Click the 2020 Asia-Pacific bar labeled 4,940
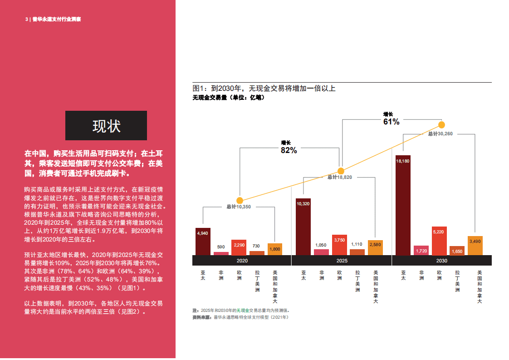click(203, 242)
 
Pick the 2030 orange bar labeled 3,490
click(475, 246)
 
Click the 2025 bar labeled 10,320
click(303, 227)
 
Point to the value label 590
click(221, 247)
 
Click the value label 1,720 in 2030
click(421, 251)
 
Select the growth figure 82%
click(289, 150)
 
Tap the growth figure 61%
click(391, 122)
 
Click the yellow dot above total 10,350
click(240, 200)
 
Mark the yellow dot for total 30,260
click(441, 125)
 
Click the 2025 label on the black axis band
click(342, 261)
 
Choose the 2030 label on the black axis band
click(441, 261)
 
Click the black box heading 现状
click(106, 126)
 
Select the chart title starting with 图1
click(264, 88)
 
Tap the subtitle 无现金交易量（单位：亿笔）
click(228, 98)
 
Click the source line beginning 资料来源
click(240, 317)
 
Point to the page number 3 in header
click(26, 20)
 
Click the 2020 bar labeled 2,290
click(239, 247)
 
